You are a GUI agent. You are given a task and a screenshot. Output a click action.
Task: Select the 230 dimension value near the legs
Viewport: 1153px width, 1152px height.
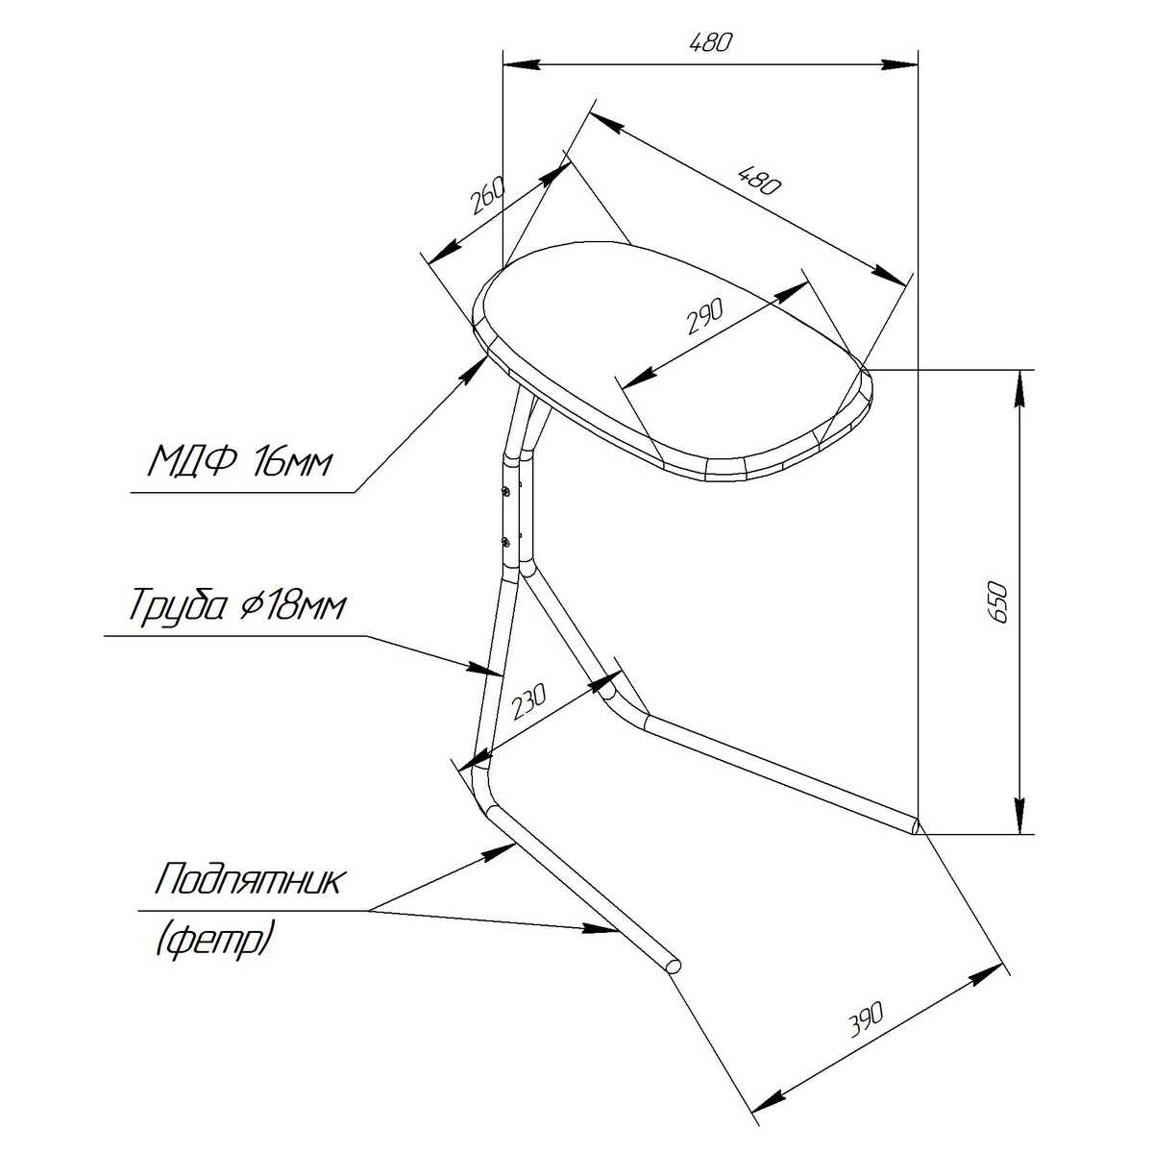(x=528, y=702)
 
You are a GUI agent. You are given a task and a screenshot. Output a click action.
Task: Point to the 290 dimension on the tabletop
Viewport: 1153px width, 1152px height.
(x=705, y=315)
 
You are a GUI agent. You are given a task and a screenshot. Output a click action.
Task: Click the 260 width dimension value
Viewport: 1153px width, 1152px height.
(x=488, y=195)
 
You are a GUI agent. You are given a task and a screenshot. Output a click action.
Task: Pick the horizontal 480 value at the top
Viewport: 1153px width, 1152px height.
(x=710, y=43)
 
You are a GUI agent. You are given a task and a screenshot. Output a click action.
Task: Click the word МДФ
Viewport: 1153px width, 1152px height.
(x=194, y=461)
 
